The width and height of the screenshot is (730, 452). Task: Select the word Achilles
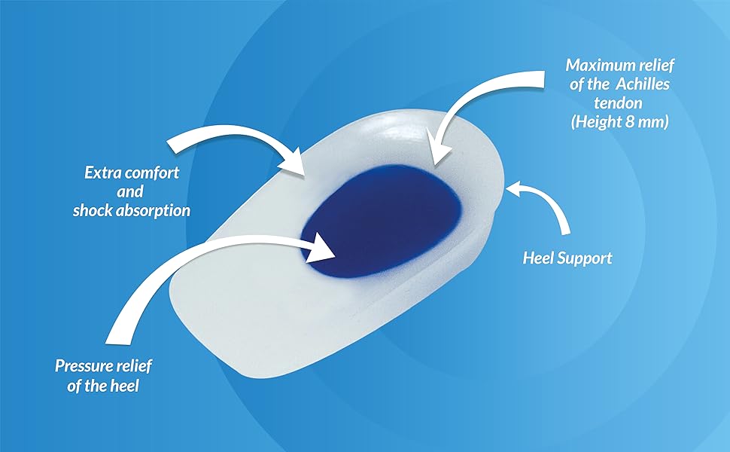[641, 84]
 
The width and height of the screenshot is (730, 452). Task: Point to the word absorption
[154, 211]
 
